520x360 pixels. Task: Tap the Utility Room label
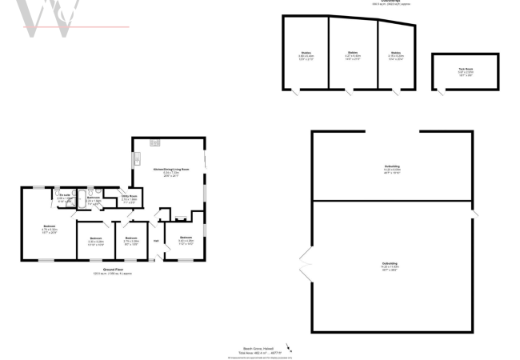pos(130,196)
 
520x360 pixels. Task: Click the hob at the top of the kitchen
pos(154,143)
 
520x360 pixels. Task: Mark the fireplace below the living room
pos(179,216)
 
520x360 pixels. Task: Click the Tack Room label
pos(465,69)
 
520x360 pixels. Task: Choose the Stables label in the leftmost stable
pos(306,54)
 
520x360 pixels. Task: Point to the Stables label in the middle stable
pos(352,54)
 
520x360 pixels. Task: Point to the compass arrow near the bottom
pos(289,348)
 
